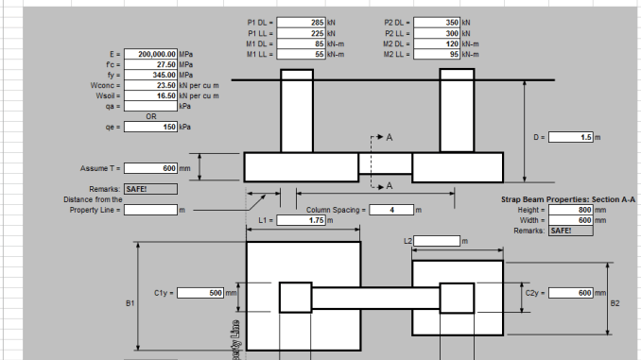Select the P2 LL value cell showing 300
(x=438, y=32)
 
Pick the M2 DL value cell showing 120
(x=438, y=43)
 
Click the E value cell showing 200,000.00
(x=150, y=55)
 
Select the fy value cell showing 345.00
(x=150, y=75)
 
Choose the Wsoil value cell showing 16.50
(x=150, y=95)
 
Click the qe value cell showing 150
(x=150, y=126)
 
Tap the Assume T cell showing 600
(x=150, y=168)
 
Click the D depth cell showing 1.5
(x=570, y=138)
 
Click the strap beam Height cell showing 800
(x=570, y=210)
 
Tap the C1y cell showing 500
(x=200, y=293)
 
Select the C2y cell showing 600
(x=570, y=293)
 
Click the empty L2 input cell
(x=436, y=241)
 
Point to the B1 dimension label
(x=130, y=303)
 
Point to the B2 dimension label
(x=615, y=303)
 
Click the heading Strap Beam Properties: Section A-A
(x=567, y=199)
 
